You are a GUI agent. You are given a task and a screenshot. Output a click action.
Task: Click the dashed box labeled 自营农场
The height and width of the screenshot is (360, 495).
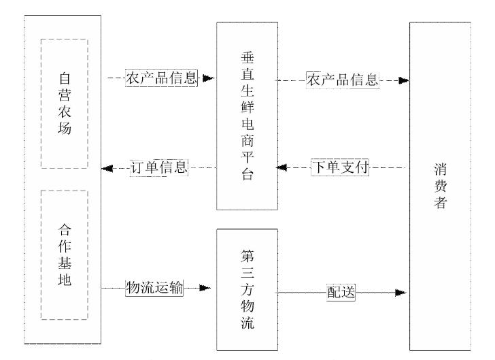pos(64,103)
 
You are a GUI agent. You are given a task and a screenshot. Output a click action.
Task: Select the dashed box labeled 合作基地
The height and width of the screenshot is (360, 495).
pos(64,254)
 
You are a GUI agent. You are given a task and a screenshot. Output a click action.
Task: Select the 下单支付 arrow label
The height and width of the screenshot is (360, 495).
pos(341,168)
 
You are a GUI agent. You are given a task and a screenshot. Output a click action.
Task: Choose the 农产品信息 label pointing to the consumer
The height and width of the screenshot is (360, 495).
pos(342,79)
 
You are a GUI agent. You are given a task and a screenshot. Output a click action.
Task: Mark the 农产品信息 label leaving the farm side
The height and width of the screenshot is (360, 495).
pos(160,78)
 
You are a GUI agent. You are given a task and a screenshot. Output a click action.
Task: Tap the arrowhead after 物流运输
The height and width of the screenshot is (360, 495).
pos(205,288)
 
